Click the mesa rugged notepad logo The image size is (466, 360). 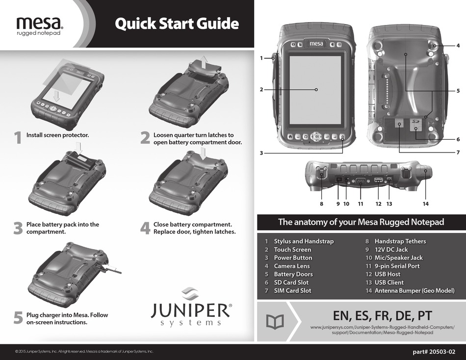[x=39, y=26]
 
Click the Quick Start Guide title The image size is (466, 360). [x=176, y=24]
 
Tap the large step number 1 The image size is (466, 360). [x=18, y=138]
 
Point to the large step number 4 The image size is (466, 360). [x=145, y=228]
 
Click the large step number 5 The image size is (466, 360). [x=18, y=318]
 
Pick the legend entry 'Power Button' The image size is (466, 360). [x=293, y=257]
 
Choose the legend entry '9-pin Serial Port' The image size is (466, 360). [x=397, y=266]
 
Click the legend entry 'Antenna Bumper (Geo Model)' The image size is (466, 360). [x=414, y=290]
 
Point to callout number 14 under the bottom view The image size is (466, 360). [x=425, y=203]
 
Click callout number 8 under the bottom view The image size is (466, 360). [x=322, y=203]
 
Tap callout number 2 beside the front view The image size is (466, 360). [x=261, y=89]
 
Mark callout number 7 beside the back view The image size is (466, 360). [x=458, y=153]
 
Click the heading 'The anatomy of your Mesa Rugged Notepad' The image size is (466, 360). [x=361, y=222]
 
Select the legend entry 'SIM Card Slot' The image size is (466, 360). [x=292, y=290]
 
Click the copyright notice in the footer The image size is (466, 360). [x=84, y=352]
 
